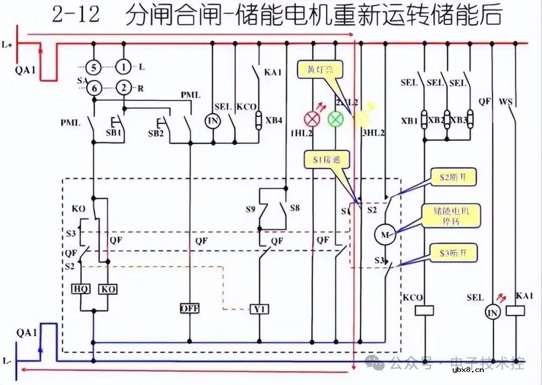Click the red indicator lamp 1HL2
(x=313, y=119)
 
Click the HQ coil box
(x=81, y=289)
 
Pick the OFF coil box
(x=190, y=308)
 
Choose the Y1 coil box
(x=259, y=309)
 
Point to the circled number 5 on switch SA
(x=93, y=67)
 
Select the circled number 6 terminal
(x=93, y=89)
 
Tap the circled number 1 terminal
(x=123, y=67)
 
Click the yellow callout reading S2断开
(x=454, y=177)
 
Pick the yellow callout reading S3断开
(x=453, y=253)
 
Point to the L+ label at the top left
(x=7, y=46)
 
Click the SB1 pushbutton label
(x=114, y=133)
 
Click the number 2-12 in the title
(x=76, y=15)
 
